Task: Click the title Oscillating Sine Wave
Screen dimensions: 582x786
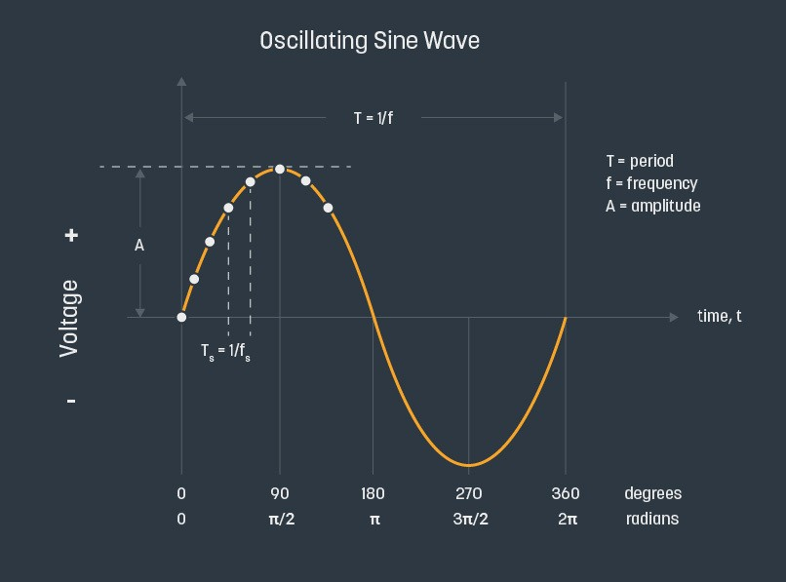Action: click(370, 41)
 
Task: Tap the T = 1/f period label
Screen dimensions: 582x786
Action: click(373, 118)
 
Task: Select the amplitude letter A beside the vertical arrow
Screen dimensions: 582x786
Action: click(139, 246)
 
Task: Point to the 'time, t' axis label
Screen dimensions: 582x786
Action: click(719, 316)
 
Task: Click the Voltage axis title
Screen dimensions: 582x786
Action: click(69, 318)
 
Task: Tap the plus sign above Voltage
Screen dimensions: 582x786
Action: click(71, 235)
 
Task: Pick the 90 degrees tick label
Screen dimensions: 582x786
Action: click(280, 493)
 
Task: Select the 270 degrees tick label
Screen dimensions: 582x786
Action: click(469, 493)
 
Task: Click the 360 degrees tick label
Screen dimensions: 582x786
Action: click(566, 493)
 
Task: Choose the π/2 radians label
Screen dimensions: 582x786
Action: click(281, 519)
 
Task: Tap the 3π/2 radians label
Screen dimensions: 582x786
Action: click(470, 519)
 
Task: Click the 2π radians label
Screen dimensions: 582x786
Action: click(568, 519)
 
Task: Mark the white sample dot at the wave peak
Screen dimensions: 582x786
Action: click(280, 169)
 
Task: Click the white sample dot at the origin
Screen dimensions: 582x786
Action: click(181, 317)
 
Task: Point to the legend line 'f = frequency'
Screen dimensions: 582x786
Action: click(651, 183)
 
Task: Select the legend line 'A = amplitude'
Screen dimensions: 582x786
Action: click(652, 206)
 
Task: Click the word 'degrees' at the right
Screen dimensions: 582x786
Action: click(652, 493)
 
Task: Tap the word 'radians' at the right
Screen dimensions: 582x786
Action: click(652, 519)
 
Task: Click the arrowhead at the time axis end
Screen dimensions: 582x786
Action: click(674, 317)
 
